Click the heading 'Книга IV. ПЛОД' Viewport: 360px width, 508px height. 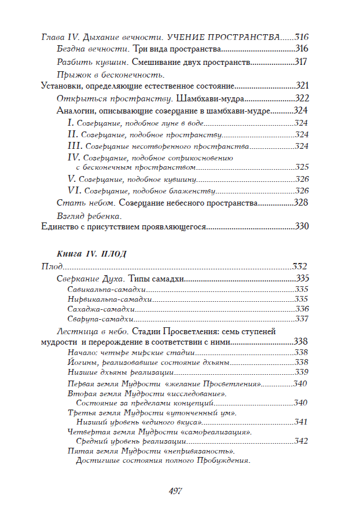92,254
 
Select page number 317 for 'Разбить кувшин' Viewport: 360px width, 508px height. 302,62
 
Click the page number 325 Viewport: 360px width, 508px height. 302,167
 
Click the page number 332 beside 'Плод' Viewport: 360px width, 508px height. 299,266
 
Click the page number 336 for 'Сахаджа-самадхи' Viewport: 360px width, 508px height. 302,309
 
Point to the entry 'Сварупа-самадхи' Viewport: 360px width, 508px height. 101,319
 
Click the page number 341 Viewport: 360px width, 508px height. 300,422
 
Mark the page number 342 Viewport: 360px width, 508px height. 300,441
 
